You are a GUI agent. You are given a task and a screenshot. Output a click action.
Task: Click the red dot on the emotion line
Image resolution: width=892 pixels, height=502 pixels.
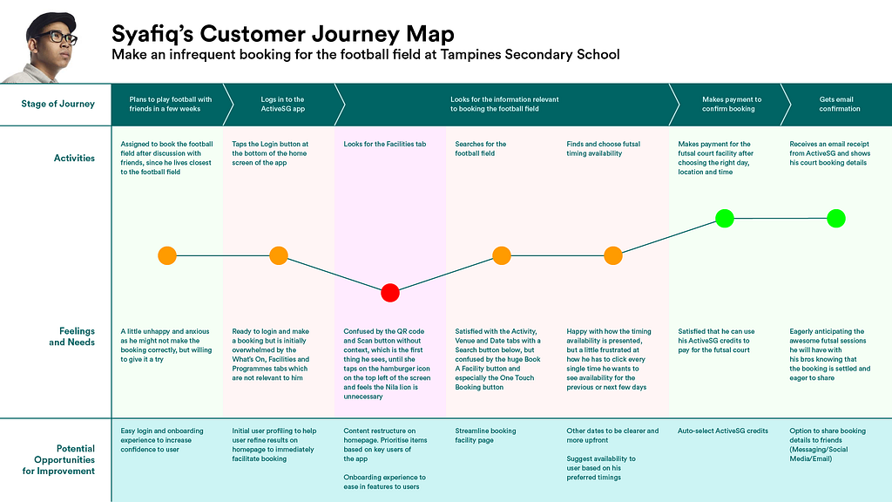(390, 293)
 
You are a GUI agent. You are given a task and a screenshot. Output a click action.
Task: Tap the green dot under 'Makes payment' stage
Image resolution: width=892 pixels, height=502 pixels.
(725, 218)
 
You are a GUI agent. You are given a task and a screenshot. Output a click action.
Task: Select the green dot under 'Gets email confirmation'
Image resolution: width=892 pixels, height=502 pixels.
(836, 218)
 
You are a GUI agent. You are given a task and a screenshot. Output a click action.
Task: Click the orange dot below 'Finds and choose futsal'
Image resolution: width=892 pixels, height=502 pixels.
(613, 255)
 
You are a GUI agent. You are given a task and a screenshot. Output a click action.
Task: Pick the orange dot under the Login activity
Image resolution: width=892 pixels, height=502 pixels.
(279, 255)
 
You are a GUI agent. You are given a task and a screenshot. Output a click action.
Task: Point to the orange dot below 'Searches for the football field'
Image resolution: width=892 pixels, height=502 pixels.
(502, 255)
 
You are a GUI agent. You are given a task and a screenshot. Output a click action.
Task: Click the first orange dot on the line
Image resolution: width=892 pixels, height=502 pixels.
(167, 255)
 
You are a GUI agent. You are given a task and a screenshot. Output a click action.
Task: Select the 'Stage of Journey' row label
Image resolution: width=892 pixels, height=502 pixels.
(58, 104)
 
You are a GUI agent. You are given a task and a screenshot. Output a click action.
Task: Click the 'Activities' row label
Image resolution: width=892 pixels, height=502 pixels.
(75, 159)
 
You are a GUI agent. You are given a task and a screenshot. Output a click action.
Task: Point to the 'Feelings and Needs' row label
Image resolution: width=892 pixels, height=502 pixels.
(71, 336)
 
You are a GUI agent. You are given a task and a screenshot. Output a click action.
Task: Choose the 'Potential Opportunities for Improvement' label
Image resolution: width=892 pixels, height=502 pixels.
(58, 460)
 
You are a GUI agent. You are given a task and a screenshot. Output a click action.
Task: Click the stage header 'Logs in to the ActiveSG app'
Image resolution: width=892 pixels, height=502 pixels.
(283, 105)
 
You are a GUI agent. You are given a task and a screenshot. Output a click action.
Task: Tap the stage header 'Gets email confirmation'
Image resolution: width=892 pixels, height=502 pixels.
(840, 105)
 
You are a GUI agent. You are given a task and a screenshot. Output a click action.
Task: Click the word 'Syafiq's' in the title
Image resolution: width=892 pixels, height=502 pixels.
(152, 34)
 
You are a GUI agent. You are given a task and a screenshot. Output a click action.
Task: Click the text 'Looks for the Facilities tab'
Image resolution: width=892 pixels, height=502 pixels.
(384, 144)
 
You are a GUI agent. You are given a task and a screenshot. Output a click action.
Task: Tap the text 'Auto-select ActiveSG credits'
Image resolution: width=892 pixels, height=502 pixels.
(722, 431)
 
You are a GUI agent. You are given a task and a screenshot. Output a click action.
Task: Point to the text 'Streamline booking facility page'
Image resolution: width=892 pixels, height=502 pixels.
(485, 436)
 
